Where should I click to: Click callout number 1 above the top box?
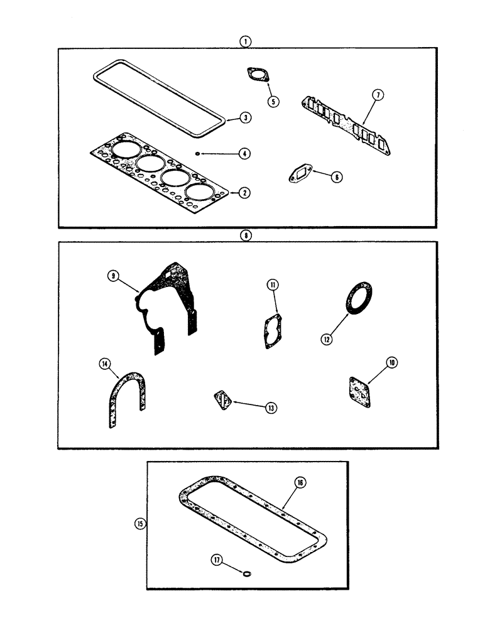pyautogui.click(x=246, y=41)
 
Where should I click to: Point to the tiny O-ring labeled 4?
pyautogui.click(x=198, y=153)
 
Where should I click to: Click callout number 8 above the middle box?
pyautogui.click(x=246, y=235)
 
